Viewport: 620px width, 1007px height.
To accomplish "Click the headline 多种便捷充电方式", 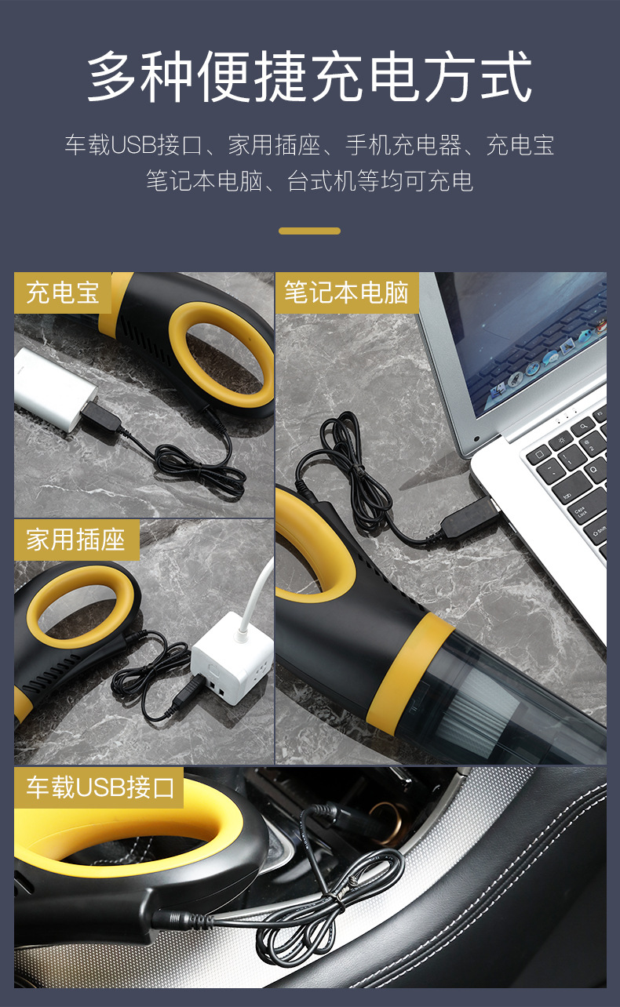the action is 309,76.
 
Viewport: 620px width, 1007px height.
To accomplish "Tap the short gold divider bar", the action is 309,231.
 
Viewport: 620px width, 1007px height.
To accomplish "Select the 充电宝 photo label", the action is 63,293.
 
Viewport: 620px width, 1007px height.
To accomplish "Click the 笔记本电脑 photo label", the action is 347,293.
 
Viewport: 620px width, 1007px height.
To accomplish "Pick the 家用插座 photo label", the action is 76,540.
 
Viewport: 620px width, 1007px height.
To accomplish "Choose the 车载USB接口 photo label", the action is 99,787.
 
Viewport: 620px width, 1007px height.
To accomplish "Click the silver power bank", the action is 54,389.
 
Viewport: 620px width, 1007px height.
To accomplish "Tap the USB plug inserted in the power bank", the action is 100,416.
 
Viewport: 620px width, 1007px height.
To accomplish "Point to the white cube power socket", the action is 232,657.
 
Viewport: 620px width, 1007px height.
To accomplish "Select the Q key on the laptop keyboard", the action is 594,471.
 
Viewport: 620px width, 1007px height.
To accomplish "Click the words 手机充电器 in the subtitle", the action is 403,145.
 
